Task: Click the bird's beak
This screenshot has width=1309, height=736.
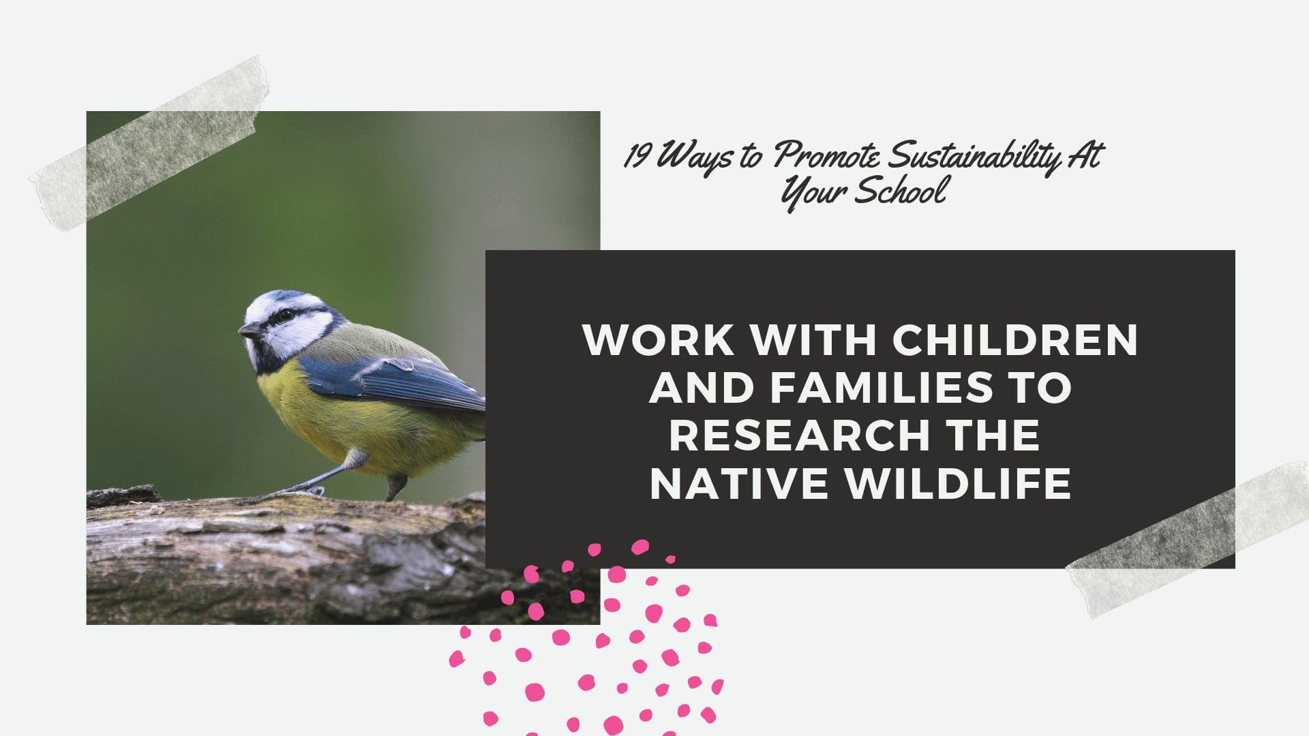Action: (x=250, y=331)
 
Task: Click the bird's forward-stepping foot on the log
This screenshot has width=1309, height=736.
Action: (x=300, y=489)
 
